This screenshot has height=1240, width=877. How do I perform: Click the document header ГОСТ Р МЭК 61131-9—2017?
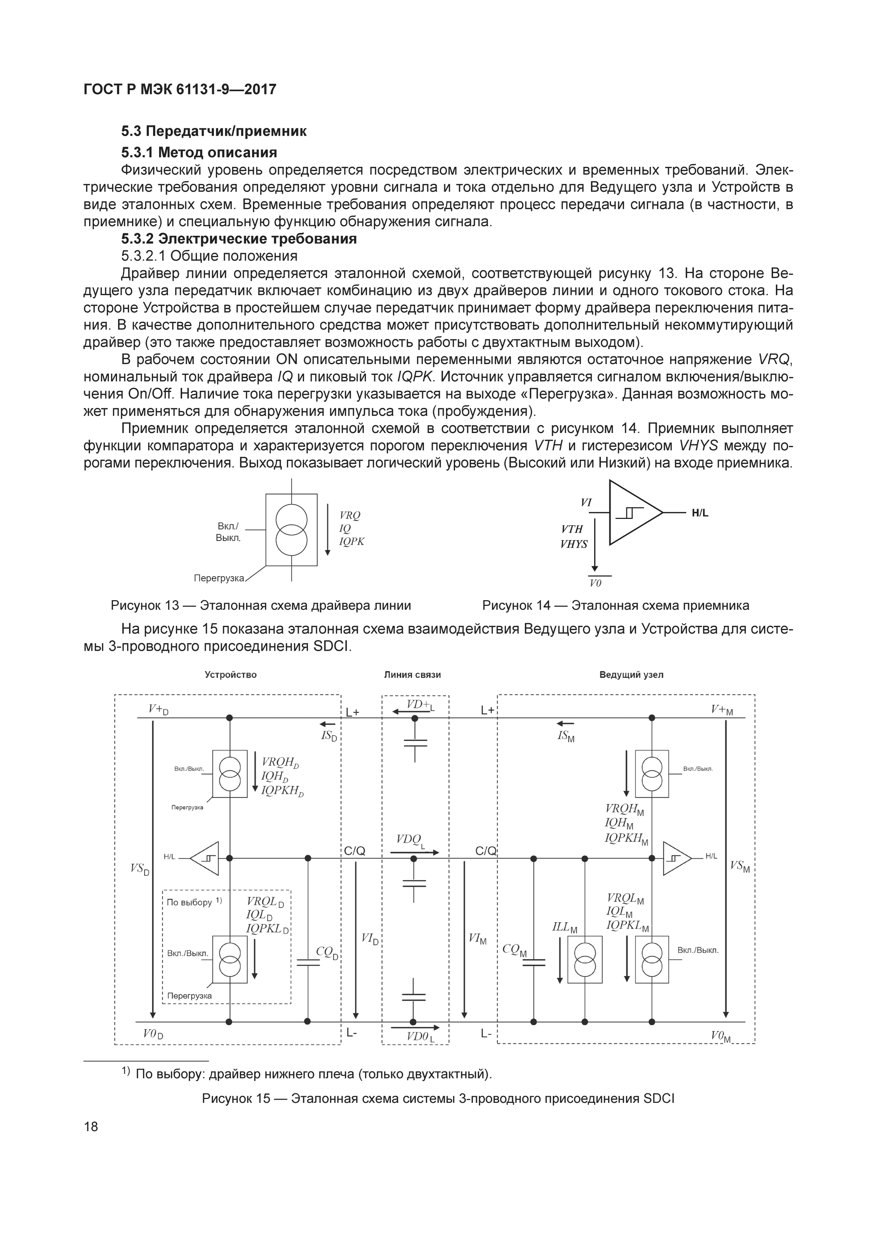180,89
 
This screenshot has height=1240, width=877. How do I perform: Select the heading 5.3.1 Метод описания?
199,152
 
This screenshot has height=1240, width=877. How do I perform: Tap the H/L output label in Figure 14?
700,513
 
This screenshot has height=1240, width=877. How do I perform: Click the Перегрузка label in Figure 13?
219,578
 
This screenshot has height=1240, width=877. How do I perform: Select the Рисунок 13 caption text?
261,606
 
